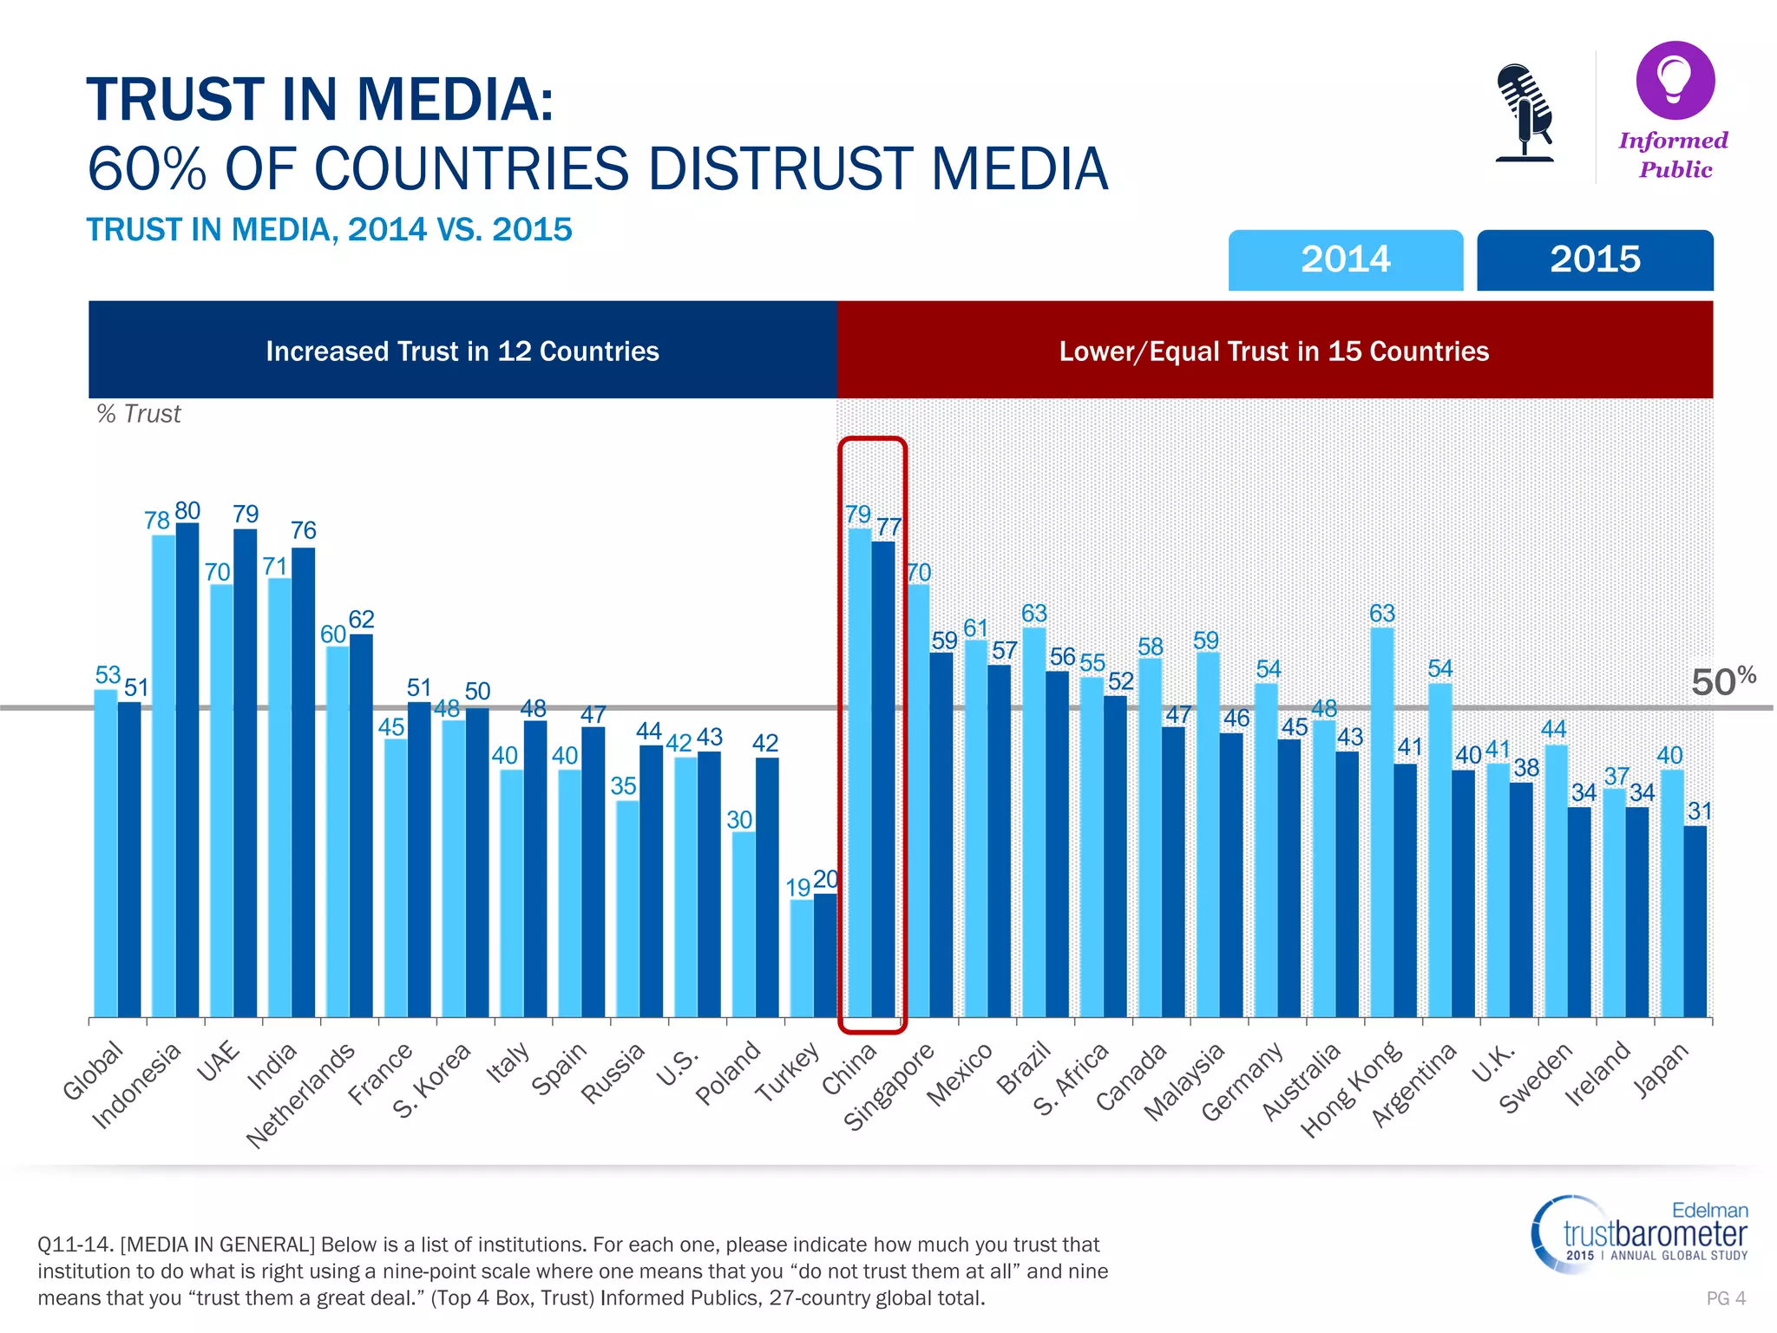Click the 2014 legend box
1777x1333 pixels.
(x=1345, y=259)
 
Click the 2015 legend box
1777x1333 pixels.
(x=1595, y=259)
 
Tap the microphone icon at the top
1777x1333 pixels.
(x=1525, y=113)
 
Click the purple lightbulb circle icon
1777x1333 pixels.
(x=1675, y=80)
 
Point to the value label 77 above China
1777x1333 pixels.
(x=889, y=527)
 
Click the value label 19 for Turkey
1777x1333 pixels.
(x=797, y=887)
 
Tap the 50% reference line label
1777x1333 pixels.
(x=1722, y=681)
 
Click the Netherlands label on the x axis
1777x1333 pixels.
(x=301, y=1095)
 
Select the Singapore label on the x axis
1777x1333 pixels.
(x=888, y=1087)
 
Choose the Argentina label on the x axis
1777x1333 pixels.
(x=1413, y=1085)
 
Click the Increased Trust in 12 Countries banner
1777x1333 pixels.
(x=462, y=351)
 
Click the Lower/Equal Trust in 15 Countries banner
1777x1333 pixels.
(x=1274, y=351)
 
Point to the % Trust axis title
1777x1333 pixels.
(x=139, y=414)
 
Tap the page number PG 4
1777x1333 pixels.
(x=1725, y=1298)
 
